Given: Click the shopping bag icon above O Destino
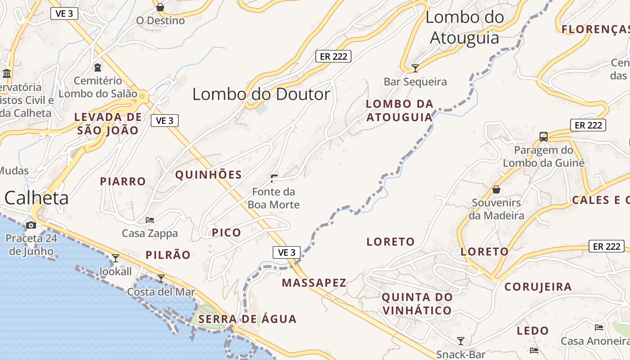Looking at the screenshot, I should tap(160, 7).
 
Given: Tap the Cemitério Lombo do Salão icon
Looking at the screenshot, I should tap(98, 67).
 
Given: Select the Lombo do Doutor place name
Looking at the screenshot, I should tap(261, 94).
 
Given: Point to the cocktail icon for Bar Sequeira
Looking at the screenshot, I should tap(415, 68).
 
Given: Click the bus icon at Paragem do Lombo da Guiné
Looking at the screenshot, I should tap(544, 136).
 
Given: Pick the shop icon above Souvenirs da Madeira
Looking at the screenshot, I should tap(496, 189).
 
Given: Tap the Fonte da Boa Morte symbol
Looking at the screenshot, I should tap(274, 179).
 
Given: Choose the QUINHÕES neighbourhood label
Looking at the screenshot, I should tap(208, 175).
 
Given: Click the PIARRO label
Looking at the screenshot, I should tap(123, 181).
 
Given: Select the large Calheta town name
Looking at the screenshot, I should tap(36, 198).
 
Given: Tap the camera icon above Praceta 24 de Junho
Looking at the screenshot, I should tap(31, 225).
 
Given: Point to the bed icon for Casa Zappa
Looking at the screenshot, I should tap(150, 220).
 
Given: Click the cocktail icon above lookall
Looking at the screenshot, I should tap(116, 258).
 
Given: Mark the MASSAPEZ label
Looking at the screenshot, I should tap(314, 283).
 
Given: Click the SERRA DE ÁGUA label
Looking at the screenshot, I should tap(247, 319).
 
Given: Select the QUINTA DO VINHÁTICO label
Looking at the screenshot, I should tap(417, 304).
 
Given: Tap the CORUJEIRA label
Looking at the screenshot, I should tap(538, 287).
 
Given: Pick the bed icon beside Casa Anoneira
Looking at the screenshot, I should tap(599, 328).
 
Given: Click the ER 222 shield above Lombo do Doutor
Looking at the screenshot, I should tap(333, 56).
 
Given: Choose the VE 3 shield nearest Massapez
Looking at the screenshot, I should tap(287, 252).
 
